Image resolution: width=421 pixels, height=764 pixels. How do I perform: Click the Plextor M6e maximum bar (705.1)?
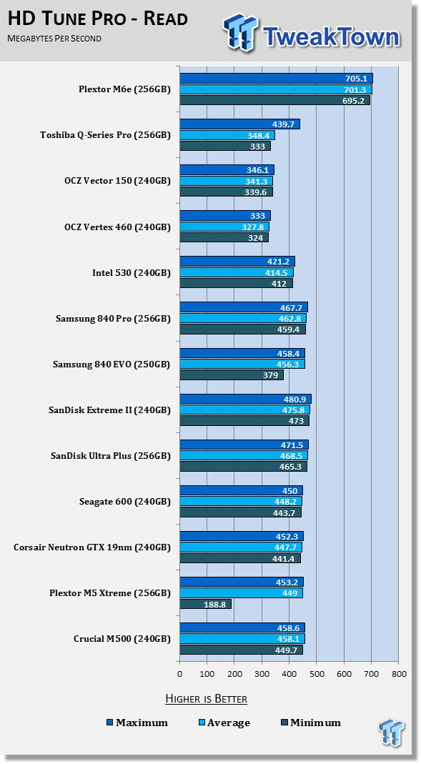(277, 79)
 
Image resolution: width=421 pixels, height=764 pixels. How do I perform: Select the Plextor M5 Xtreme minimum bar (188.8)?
(206, 604)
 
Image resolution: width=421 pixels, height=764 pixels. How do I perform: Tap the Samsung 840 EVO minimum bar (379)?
(232, 375)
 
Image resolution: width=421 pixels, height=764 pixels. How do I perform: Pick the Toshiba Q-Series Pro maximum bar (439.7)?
(239, 124)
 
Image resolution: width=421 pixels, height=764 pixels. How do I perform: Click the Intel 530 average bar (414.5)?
(237, 273)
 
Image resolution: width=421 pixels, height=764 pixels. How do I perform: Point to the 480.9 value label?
(296, 400)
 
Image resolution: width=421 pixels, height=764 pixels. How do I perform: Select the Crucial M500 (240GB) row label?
(122, 639)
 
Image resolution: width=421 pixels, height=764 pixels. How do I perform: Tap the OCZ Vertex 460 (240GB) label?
(117, 227)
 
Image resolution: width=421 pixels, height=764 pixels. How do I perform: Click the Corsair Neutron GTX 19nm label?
(92, 547)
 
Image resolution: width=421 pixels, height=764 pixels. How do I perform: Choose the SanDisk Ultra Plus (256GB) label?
(111, 456)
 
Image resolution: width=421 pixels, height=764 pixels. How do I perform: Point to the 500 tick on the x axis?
(316, 675)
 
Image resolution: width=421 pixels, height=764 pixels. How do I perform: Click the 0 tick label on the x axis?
(180, 675)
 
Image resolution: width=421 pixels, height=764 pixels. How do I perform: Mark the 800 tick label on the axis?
(399, 675)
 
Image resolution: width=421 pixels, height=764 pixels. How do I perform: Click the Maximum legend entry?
(137, 723)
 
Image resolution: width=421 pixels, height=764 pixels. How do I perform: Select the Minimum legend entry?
(311, 723)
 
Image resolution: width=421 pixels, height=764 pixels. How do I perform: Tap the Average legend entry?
(224, 723)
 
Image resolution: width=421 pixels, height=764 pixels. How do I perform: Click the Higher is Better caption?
(206, 699)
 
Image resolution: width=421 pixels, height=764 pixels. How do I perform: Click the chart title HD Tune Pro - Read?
(98, 19)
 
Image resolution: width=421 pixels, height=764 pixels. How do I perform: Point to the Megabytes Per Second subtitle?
(54, 39)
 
